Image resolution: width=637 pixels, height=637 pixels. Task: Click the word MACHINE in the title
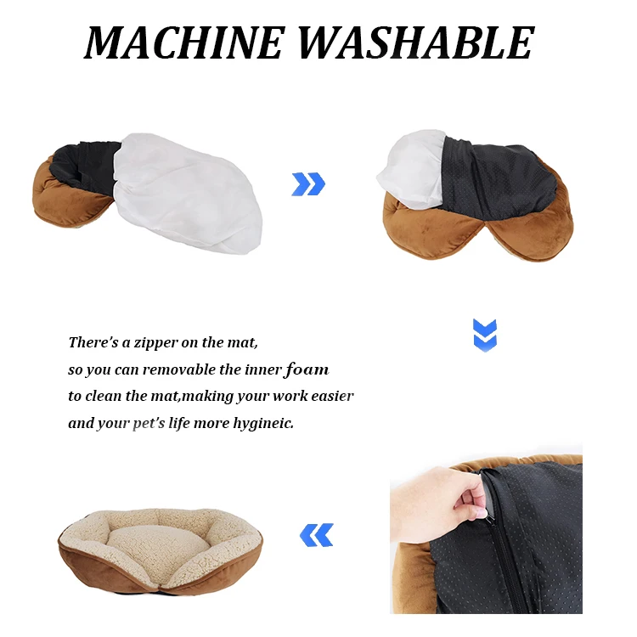(184, 42)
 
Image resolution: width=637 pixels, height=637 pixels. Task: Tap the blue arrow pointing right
(308, 183)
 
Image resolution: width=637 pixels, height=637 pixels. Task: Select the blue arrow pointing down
(485, 335)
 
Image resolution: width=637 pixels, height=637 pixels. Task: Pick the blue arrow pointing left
(317, 534)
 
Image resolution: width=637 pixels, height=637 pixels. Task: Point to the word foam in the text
(307, 369)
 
